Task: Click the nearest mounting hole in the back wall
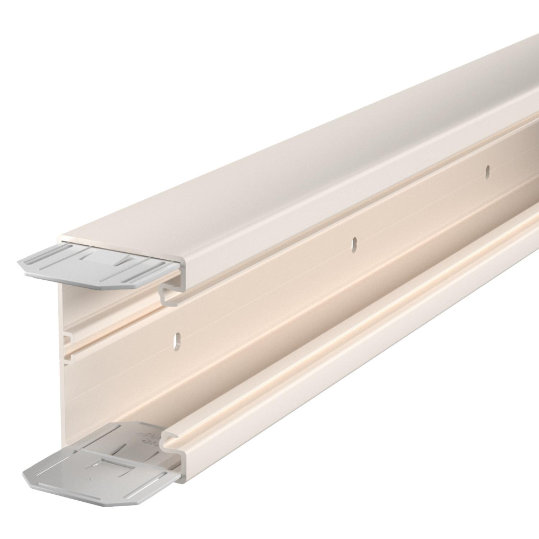coord(176,340)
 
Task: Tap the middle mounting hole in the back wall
coord(354,243)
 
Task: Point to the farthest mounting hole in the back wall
coord(487,171)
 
